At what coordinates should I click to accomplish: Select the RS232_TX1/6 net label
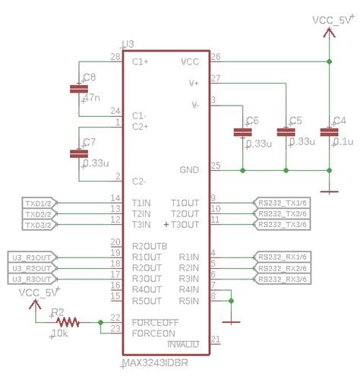[282, 204]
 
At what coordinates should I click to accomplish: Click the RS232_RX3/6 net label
[282, 279]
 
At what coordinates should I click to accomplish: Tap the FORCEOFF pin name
[155, 322]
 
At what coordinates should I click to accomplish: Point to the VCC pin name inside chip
[191, 62]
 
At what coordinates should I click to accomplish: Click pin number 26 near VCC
[215, 57]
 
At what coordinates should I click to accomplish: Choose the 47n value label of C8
[92, 99]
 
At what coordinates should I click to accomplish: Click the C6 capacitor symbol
[242, 133]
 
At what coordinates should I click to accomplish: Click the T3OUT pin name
[184, 225]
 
